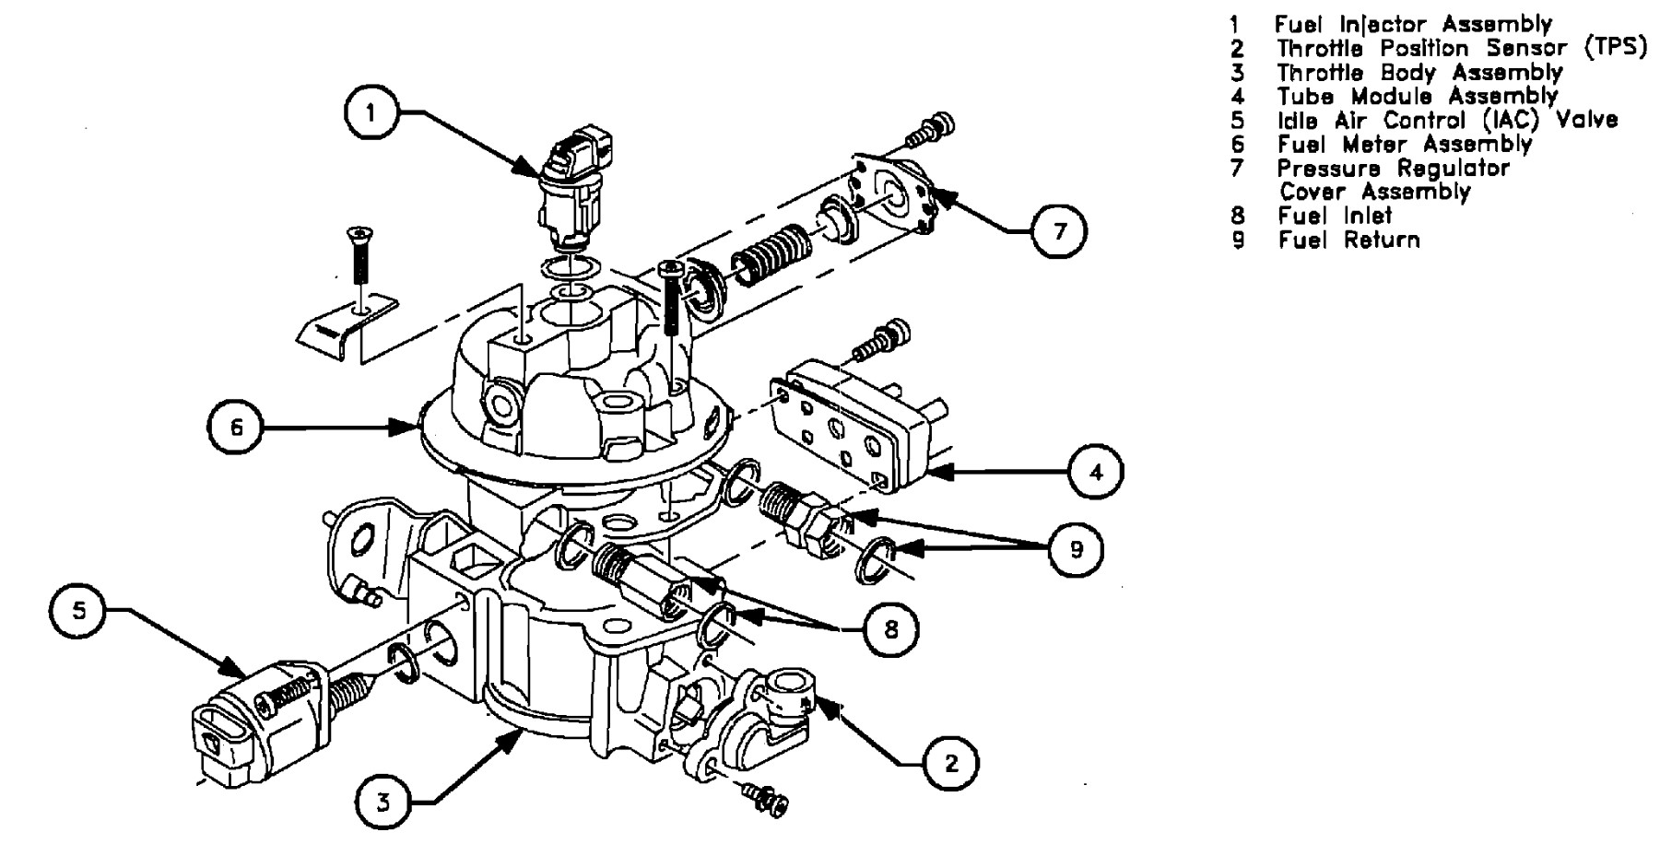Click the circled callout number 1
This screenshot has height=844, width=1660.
(371, 113)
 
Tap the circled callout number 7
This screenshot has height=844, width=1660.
(1059, 231)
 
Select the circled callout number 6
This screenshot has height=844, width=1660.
(236, 428)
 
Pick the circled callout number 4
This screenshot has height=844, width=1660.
(1096, 472)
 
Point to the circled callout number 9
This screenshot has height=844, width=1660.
(1076, 549)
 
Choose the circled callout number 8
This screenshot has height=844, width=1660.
(890, 630)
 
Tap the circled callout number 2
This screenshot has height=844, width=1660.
(951, 762)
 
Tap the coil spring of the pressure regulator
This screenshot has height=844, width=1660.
(772, 252)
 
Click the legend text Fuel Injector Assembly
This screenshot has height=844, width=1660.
(1413, 25)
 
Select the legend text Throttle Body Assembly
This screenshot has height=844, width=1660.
(1419, 73)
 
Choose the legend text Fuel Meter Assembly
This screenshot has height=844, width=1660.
(1405, 145)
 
